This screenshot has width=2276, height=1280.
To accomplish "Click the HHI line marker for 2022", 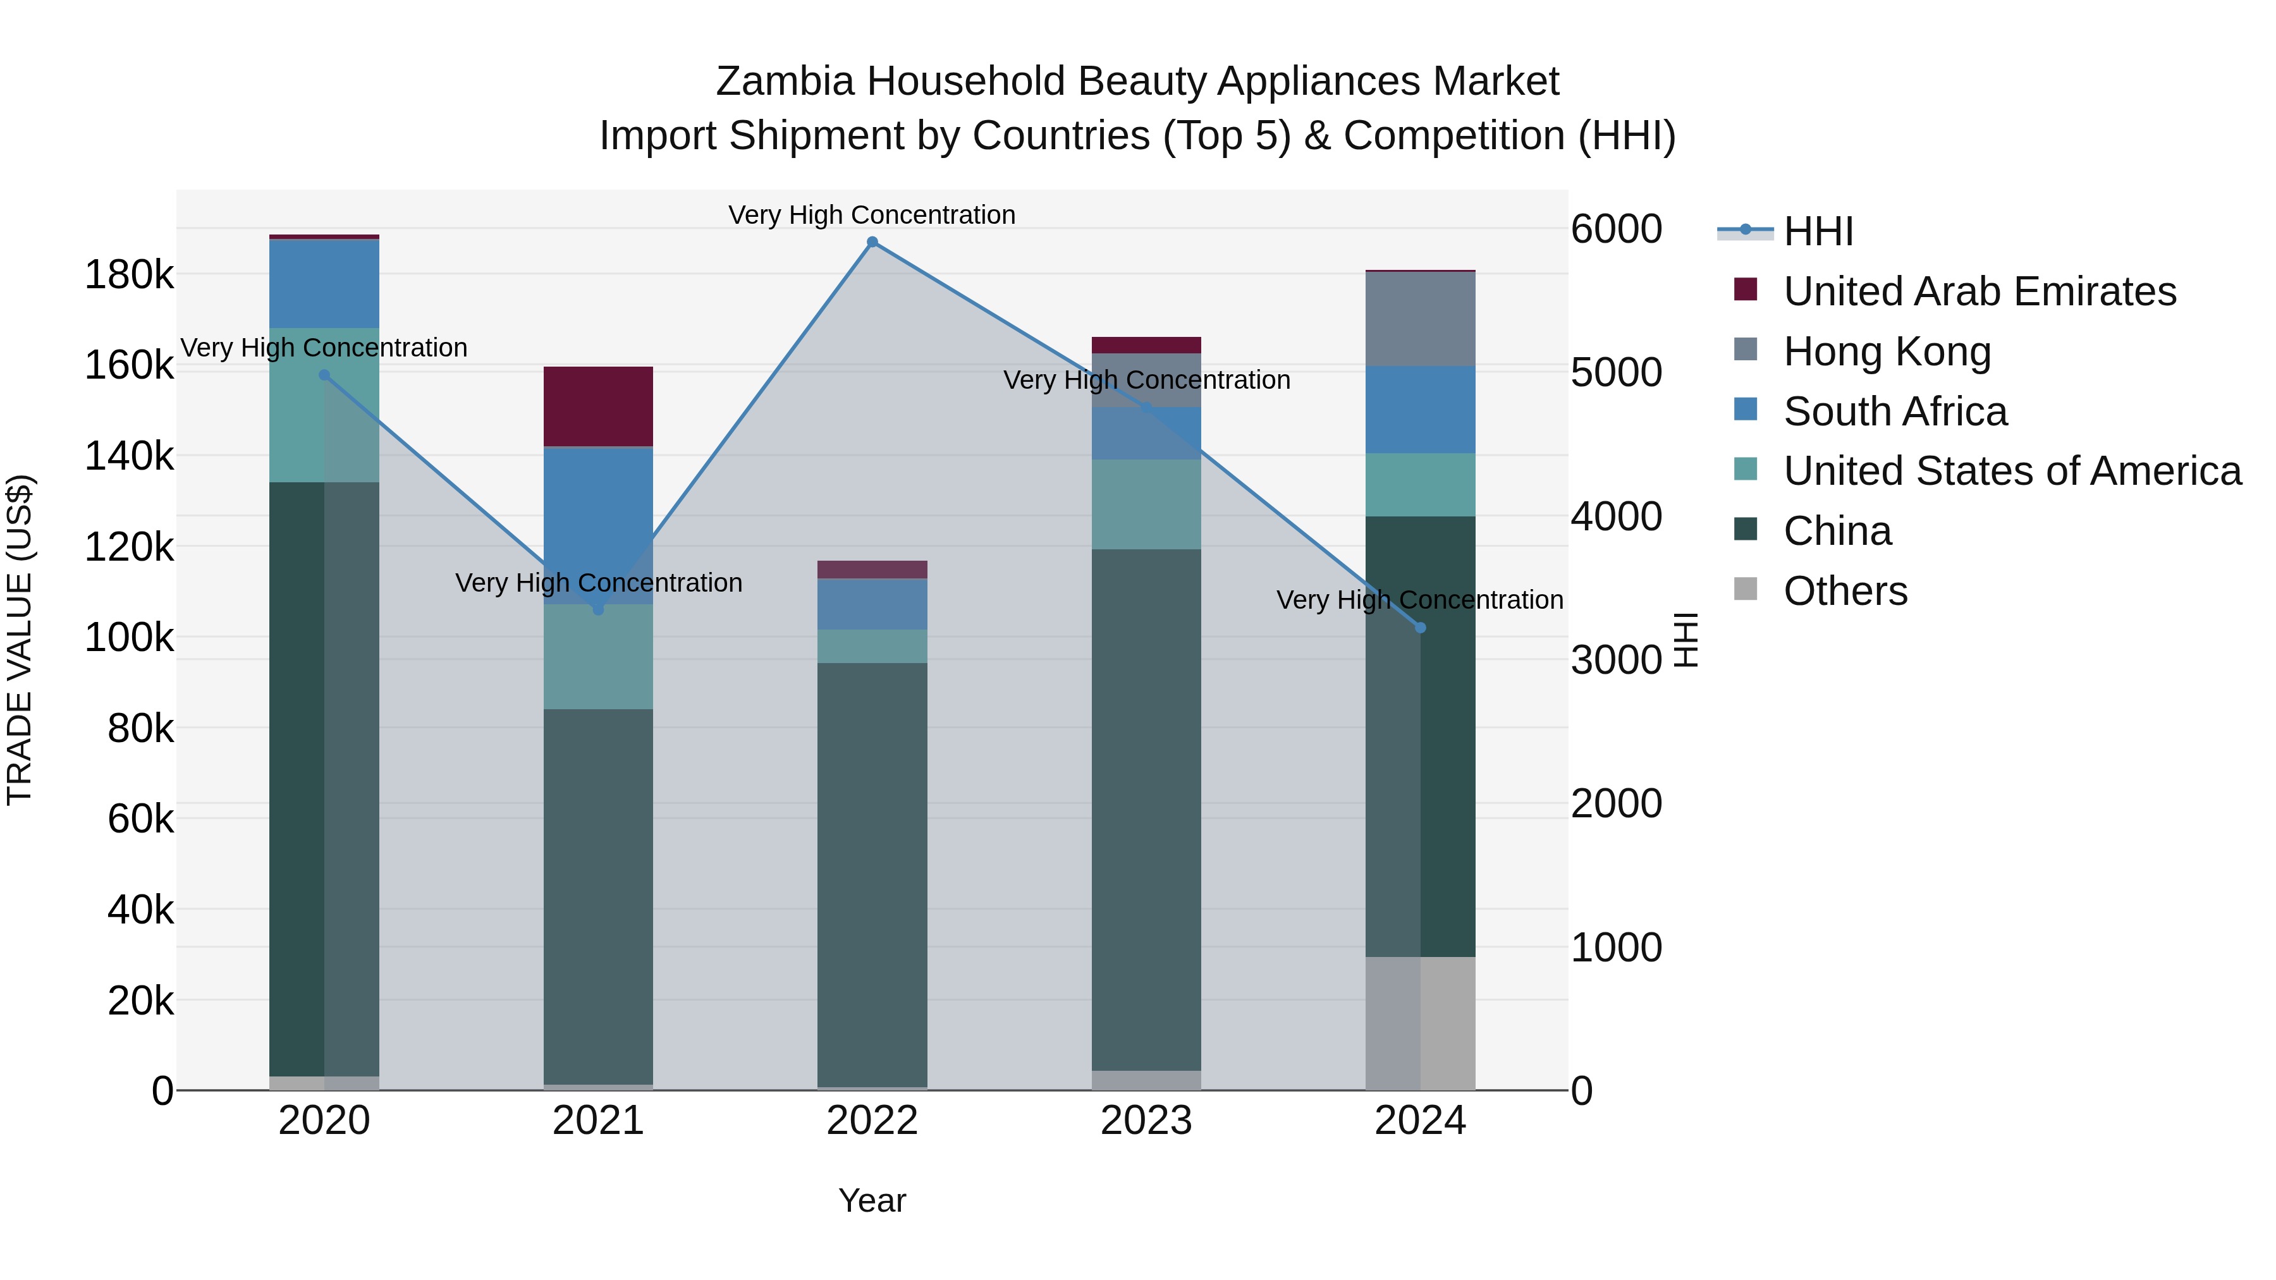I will [x=872, y=242].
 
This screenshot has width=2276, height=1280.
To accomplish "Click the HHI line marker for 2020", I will [x=324, y=375].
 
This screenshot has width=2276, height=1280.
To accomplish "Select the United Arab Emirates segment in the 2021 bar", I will [x=598, y=406].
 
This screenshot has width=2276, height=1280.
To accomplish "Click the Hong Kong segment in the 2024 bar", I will [x=1421, y=319].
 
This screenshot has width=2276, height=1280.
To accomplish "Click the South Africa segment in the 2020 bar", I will [x=324, y=284].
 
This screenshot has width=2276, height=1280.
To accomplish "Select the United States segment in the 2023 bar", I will [x=1146, y=504].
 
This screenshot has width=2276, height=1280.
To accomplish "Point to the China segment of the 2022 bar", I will [x=872, y=875].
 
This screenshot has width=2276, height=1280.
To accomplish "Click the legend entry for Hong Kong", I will [x=1887, y=351].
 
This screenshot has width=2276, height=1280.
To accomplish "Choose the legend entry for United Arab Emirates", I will [x=1979, y=291].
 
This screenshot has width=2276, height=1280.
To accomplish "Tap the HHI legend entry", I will [x=1818, y=231].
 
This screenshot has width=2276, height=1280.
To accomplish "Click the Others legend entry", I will [x=1845, y=591].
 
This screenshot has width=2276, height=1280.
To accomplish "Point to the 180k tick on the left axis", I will [x=129, y=276].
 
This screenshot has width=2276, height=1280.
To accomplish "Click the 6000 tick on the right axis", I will [x=1616, y=229].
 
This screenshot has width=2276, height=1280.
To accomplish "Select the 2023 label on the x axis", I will [x=1146, y=1121].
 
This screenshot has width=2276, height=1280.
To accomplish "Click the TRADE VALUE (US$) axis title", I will [x=20, y=640].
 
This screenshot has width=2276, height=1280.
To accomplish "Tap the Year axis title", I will [x=872, y=1200].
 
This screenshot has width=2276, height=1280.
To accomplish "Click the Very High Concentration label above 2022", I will [x=872, y=215].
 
